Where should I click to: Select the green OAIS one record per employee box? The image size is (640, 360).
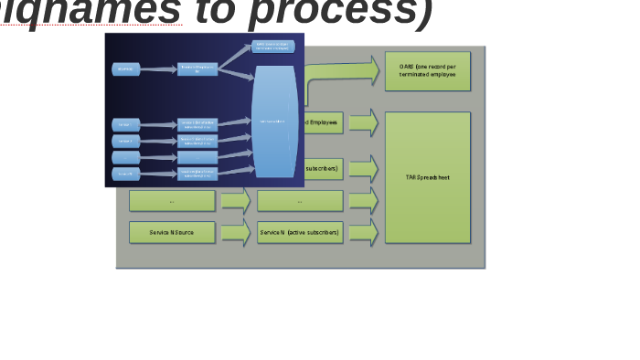pyautogui.click(x=427, y=70)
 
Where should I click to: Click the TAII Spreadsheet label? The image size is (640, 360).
pyautogui.click(x=427, y=177)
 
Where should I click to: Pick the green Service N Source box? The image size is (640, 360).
pyautogui.click(x=172, y=233)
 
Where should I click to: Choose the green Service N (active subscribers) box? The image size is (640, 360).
pyautogui.click(x=299, y=233)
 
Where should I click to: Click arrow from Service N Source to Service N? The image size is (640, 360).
pyautogui.click(x=235, y=233)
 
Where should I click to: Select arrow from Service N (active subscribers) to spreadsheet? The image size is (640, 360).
pyautogui.click(x=362, y=233)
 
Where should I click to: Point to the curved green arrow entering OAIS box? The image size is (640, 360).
pyautogui.click(x=343, y=73)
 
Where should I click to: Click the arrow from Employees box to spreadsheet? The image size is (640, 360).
pyautogui.click(x=362, y=122)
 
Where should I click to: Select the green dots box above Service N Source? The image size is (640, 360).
pyautogui.click(x=172, y=201)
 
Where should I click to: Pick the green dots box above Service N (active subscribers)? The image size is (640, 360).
pyautogui.click(x=299, y=201)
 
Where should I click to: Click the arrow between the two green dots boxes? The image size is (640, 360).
pyautogui.click(x=235, y=201)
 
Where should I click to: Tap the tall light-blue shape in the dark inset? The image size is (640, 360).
pyautogui.click(x=274, y=122)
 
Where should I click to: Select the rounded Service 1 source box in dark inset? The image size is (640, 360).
pyautogui.click(x=126, y=124)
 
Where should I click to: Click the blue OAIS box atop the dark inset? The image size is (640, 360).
pyautogui.click(x=272, y=47)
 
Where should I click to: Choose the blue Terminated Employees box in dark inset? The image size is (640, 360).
pyautogui.click(x=197, y=69)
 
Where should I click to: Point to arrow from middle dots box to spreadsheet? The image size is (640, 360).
pyautogui.click(x=362, y=201)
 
